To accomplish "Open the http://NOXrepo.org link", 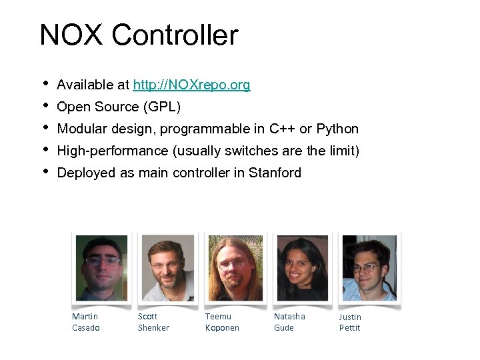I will point(191,85).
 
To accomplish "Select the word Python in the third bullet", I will point(337,129).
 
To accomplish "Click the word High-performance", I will point(113,151).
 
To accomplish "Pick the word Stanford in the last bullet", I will point(275,173).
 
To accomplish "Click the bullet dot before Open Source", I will point(44,105).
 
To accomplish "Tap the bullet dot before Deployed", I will point(44,171).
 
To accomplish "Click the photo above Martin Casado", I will point(101,268).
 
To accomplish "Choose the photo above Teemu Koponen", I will point(235,268).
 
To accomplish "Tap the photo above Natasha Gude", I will point(302,268).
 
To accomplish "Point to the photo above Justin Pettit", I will point(369,268).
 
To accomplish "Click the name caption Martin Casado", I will point(85,322).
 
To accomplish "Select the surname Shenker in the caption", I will point(153,327).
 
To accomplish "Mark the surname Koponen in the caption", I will point(222,327).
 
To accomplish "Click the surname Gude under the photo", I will point(284,327).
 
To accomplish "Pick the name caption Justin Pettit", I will point(350,322).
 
